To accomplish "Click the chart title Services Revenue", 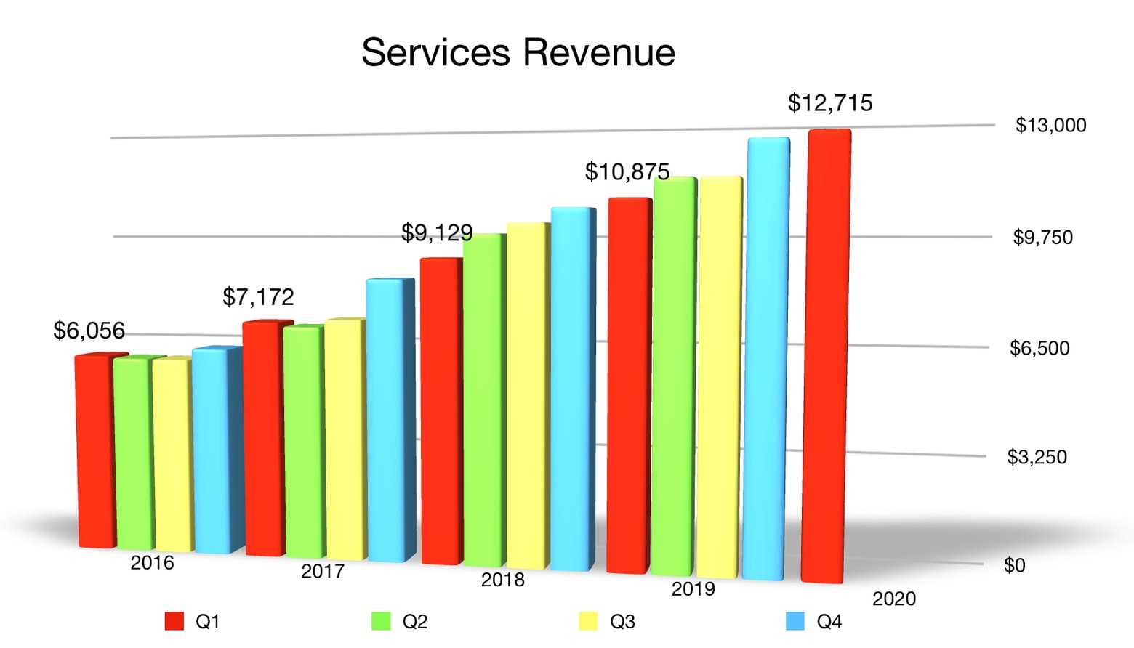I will pos(518,52).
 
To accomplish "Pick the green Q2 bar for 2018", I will pos(484,400).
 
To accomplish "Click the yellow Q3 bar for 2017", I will pos(345,440).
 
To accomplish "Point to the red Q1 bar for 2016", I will pos(96,450).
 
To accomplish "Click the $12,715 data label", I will pos(830,103).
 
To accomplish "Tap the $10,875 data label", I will pos(627,172).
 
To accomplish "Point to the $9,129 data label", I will pos(437,233).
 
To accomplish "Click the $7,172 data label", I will pos(258,297).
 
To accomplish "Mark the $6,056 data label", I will pos(89,331).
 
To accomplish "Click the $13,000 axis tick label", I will pos(1050,126).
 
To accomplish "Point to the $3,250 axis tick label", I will pos(1037,457).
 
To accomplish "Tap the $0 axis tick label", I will pos(1014,565).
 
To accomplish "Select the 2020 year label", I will pos(894,599).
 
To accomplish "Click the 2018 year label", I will pos(502,580).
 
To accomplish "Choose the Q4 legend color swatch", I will pos(795,622).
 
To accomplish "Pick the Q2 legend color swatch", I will pos(381,622).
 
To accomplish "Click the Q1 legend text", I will pos(207,622).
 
